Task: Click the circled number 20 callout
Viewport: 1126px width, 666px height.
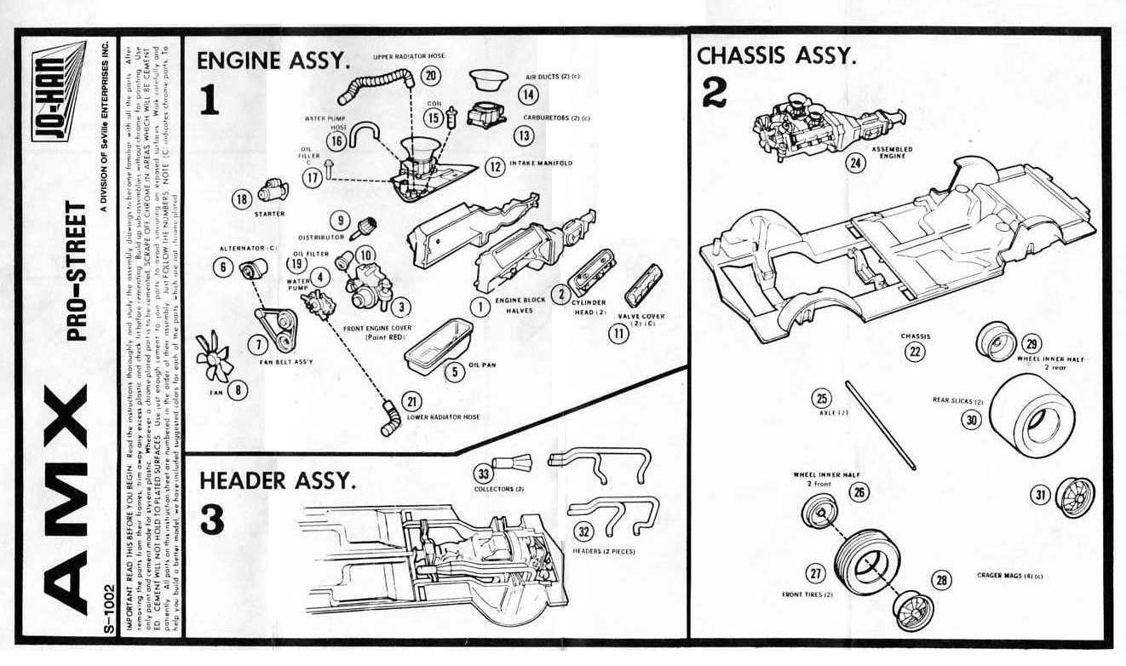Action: coord(432,76)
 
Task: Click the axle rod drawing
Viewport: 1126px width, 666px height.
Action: coord(880,425)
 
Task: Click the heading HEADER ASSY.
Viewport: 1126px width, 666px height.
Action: coord(277,480)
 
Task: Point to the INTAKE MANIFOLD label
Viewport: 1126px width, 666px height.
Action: coord(542,163)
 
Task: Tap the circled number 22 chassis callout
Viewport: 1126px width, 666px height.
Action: coord(915,351)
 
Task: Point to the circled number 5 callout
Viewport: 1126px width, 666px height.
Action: coord(455,371)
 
